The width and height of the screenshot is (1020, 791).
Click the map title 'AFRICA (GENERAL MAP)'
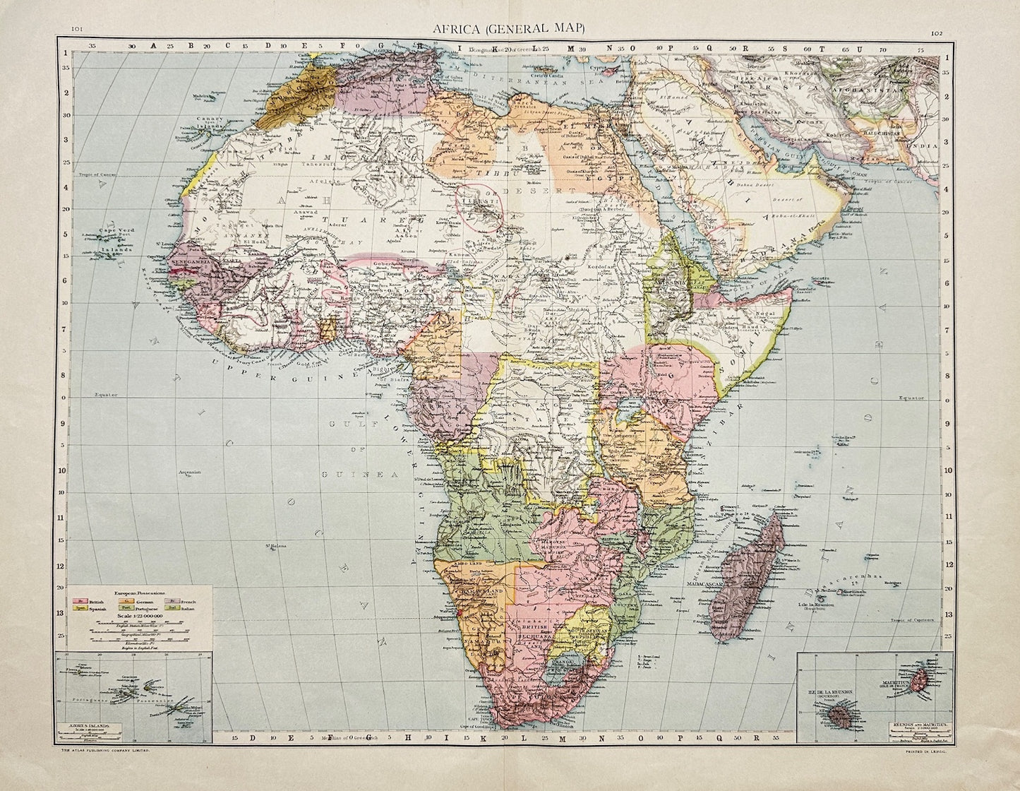(510, 28)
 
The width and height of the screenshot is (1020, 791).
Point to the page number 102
(936, 32)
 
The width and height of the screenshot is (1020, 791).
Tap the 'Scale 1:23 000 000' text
(138, 616)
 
